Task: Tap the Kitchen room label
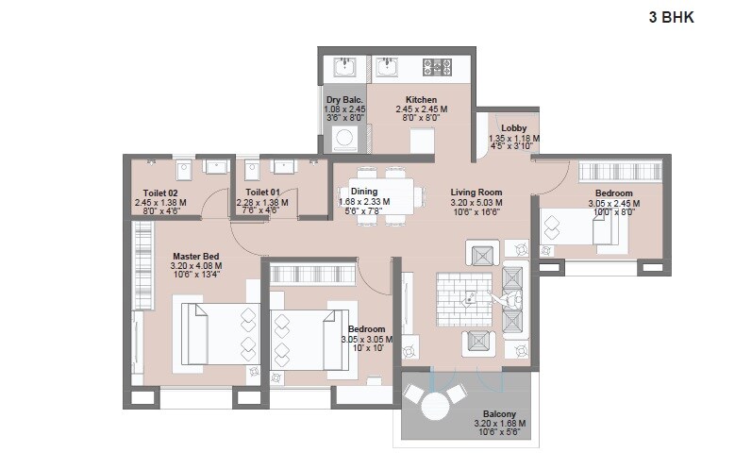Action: pos(421,99)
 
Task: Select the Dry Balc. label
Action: pos(344,99)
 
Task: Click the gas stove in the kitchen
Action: pos(437,67)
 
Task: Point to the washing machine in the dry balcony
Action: pos(345,140)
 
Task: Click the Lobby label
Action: pos(513,128)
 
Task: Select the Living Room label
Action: pos(476,192)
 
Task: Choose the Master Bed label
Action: pos(195,256)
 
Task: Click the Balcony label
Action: pos(499,413)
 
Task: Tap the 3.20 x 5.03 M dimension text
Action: pos(476,203)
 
